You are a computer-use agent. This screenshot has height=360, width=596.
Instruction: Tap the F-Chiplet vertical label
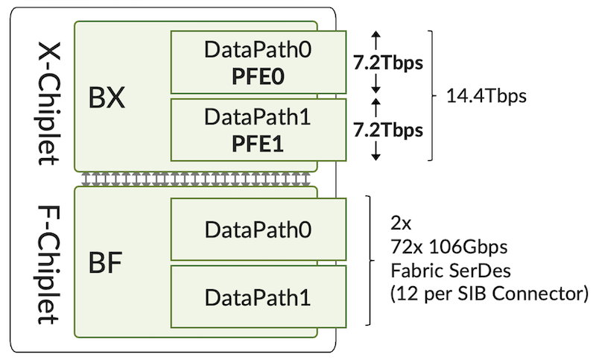point(46,264)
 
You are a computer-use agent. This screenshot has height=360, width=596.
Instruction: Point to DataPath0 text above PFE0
point(259,51)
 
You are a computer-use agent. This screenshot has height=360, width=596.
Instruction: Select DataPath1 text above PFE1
point(259,118)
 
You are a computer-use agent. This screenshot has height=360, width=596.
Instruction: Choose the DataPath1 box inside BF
point(259,297)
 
